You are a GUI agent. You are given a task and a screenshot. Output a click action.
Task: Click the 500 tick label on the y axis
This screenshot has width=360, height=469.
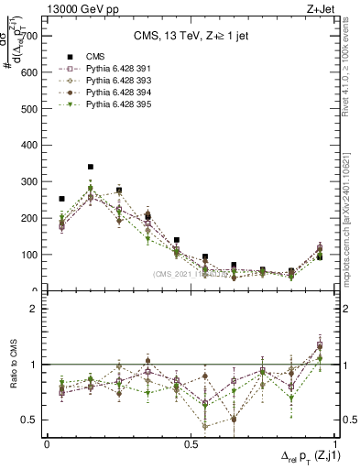[30, 109]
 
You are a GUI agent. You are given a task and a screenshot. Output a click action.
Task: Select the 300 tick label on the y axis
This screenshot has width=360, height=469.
[30, 182]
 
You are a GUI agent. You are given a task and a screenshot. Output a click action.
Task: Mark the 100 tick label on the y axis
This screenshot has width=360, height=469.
[30, 255]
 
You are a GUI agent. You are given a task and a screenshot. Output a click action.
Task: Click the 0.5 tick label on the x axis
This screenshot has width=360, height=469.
[191, 443]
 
